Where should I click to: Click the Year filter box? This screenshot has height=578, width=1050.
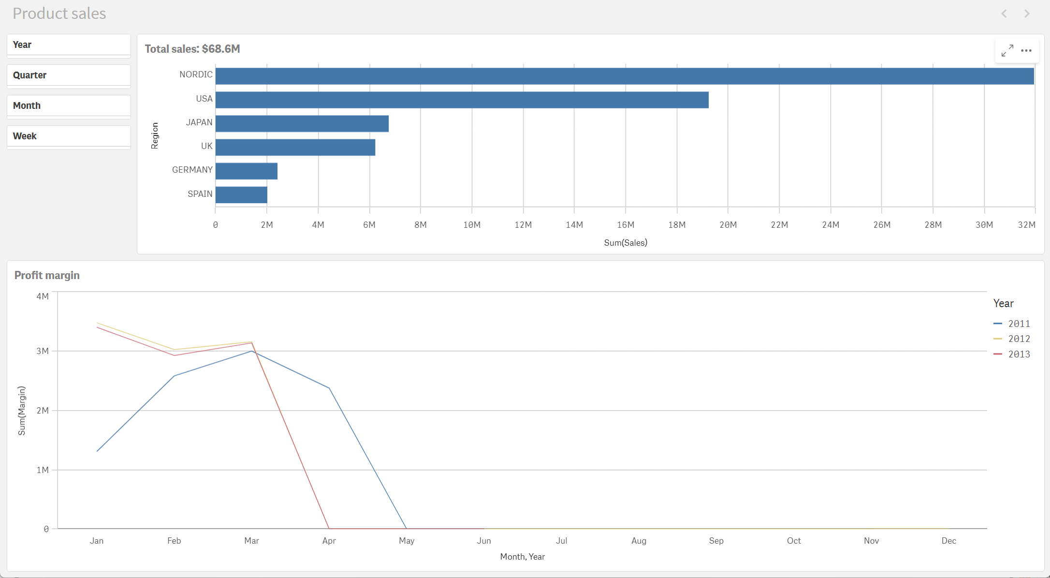point(69,45)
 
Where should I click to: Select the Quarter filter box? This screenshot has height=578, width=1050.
point(69,75)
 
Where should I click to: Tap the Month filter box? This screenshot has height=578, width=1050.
point(69,106)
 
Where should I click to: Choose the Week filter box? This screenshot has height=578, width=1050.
point(69,136)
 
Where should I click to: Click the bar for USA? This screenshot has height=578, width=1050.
point(462,100)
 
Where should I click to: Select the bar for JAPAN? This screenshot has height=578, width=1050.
point(302,124)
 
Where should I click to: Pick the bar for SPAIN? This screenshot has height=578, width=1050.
point(241,195)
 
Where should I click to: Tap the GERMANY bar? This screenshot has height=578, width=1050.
point(246,171)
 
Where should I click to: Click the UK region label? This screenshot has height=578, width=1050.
point(206,146)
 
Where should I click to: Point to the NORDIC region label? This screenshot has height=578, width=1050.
point(196,74)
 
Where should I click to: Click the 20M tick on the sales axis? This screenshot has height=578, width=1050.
point(728,225)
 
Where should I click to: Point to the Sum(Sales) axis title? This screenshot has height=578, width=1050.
point(626,243)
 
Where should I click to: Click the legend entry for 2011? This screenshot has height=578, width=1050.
point(1012,324)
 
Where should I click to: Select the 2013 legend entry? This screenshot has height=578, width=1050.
point(1012,355)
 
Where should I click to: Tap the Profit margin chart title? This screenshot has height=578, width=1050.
point(47,275)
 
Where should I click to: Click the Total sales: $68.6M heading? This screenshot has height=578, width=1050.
point(192,49)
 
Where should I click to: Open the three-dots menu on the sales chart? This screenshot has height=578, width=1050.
point(1026,51)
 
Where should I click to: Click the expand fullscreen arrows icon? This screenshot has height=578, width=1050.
point(1007,51)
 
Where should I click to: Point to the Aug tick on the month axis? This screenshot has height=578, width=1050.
point(639,541)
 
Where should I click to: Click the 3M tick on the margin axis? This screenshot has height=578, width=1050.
point(43,351)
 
